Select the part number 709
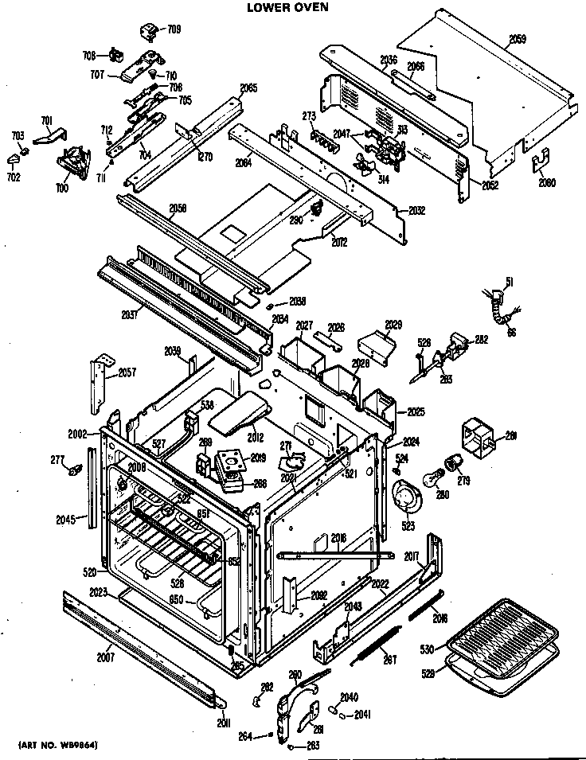(173, 29)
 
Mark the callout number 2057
(127, 372)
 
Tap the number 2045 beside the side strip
(66, 520)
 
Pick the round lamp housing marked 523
(407, 499)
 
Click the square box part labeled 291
(479, 435)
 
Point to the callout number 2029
(393, 325)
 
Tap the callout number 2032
(416, 211)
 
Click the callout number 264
(246, 737)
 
